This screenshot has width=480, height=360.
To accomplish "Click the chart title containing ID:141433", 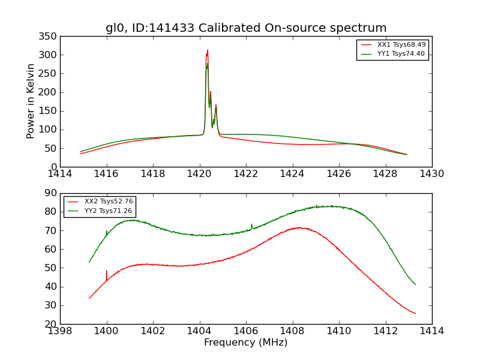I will click(x=246, y=28).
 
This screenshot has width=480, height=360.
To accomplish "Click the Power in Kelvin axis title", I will click(x=31, y=101).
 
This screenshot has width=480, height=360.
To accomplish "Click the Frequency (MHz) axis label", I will click(x=246, y=343).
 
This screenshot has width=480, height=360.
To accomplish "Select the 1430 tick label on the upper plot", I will click(x=431, y=174).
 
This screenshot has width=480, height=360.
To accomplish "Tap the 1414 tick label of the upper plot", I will click(x=60, y=174).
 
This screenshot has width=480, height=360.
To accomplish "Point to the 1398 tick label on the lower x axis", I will click(x=60, y=331).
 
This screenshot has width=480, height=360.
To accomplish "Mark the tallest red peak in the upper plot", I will click(x=208, y=50).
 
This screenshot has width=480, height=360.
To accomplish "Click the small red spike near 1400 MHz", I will click(x=107, y=271).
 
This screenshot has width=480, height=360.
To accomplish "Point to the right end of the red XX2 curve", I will click(x=415, y=313).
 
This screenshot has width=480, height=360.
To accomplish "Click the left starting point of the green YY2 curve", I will click(x=89, y=262).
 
